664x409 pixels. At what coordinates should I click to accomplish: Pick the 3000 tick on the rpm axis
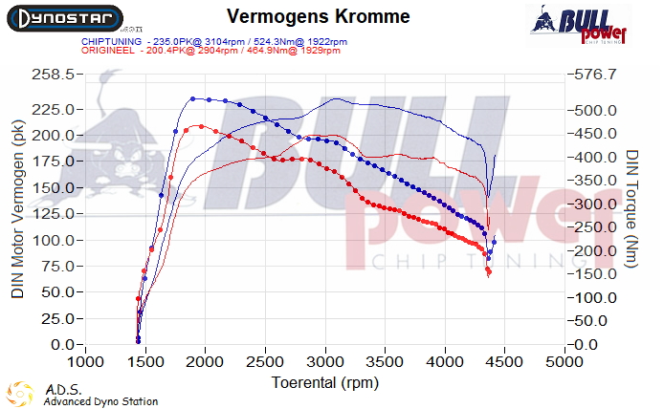[x=324, y=362]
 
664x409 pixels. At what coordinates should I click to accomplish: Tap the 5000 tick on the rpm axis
[x=564, y=362]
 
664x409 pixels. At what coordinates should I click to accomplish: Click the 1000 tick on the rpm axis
[x=86, y=362]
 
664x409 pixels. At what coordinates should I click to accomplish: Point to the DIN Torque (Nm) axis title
[x=632, y=208]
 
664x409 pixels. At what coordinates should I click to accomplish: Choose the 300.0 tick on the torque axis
[x=598, y=204]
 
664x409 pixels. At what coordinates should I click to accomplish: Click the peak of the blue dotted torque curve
[x=192, y=98]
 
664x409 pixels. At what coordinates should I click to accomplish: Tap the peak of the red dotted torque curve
[x=198, y=126]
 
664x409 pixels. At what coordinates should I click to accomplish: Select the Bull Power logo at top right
[x=580, y=24]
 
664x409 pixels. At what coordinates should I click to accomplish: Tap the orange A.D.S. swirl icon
[x=20, y=393]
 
